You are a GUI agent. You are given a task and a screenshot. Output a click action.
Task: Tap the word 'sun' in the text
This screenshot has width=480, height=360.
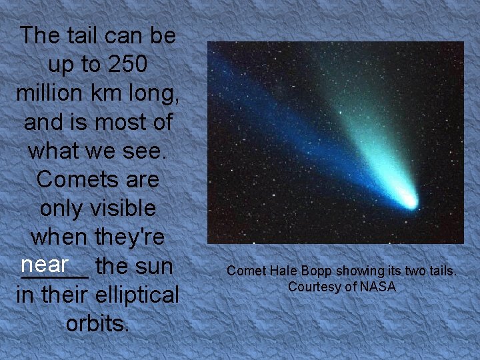(x=154, y=266)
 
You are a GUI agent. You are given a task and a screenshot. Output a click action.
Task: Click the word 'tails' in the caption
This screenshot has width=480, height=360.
(x=441, y=271)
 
